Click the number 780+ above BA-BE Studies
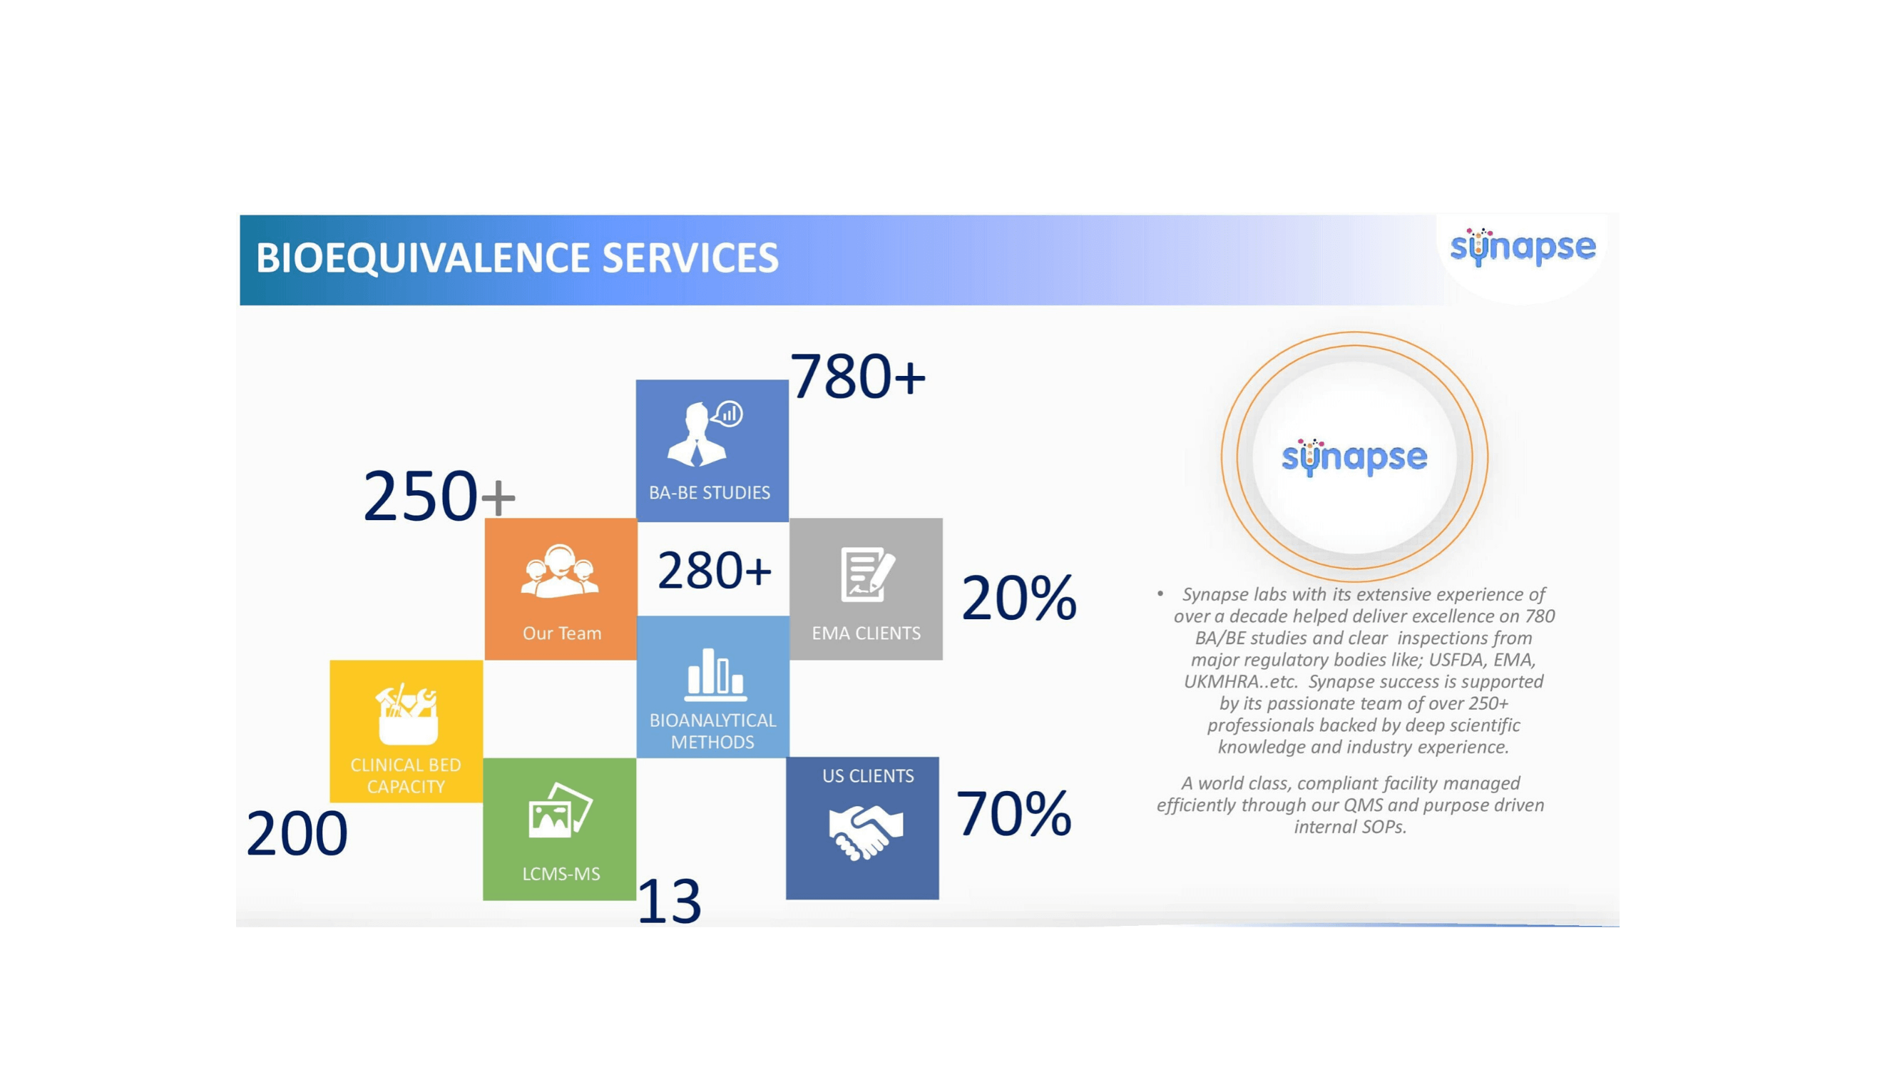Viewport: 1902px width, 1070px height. tap(857, 377)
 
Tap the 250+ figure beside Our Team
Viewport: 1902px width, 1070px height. tap(439, 496)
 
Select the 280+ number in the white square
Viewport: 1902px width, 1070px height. tap(714, 570)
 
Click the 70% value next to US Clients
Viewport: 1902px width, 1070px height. tap(1013, 813)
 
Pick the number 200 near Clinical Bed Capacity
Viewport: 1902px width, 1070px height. tap(297, 834)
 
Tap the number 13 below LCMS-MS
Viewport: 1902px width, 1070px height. tap(668, 901)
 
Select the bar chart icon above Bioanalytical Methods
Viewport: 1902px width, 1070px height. tap(715, 674)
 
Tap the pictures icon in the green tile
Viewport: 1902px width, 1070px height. tap(560, 811)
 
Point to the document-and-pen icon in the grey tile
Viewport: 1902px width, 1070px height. tap(868, 574)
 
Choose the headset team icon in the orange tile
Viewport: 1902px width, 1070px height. tap(560, 570)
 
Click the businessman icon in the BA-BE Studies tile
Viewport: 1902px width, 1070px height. tap(705, 434)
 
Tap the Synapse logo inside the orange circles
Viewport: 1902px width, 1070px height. tap(1354, 457)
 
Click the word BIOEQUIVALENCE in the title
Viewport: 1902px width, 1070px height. tap(423, 258)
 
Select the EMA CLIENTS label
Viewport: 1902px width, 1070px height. tap(866, 633)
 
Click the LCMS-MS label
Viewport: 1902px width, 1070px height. tap(561, 874)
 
